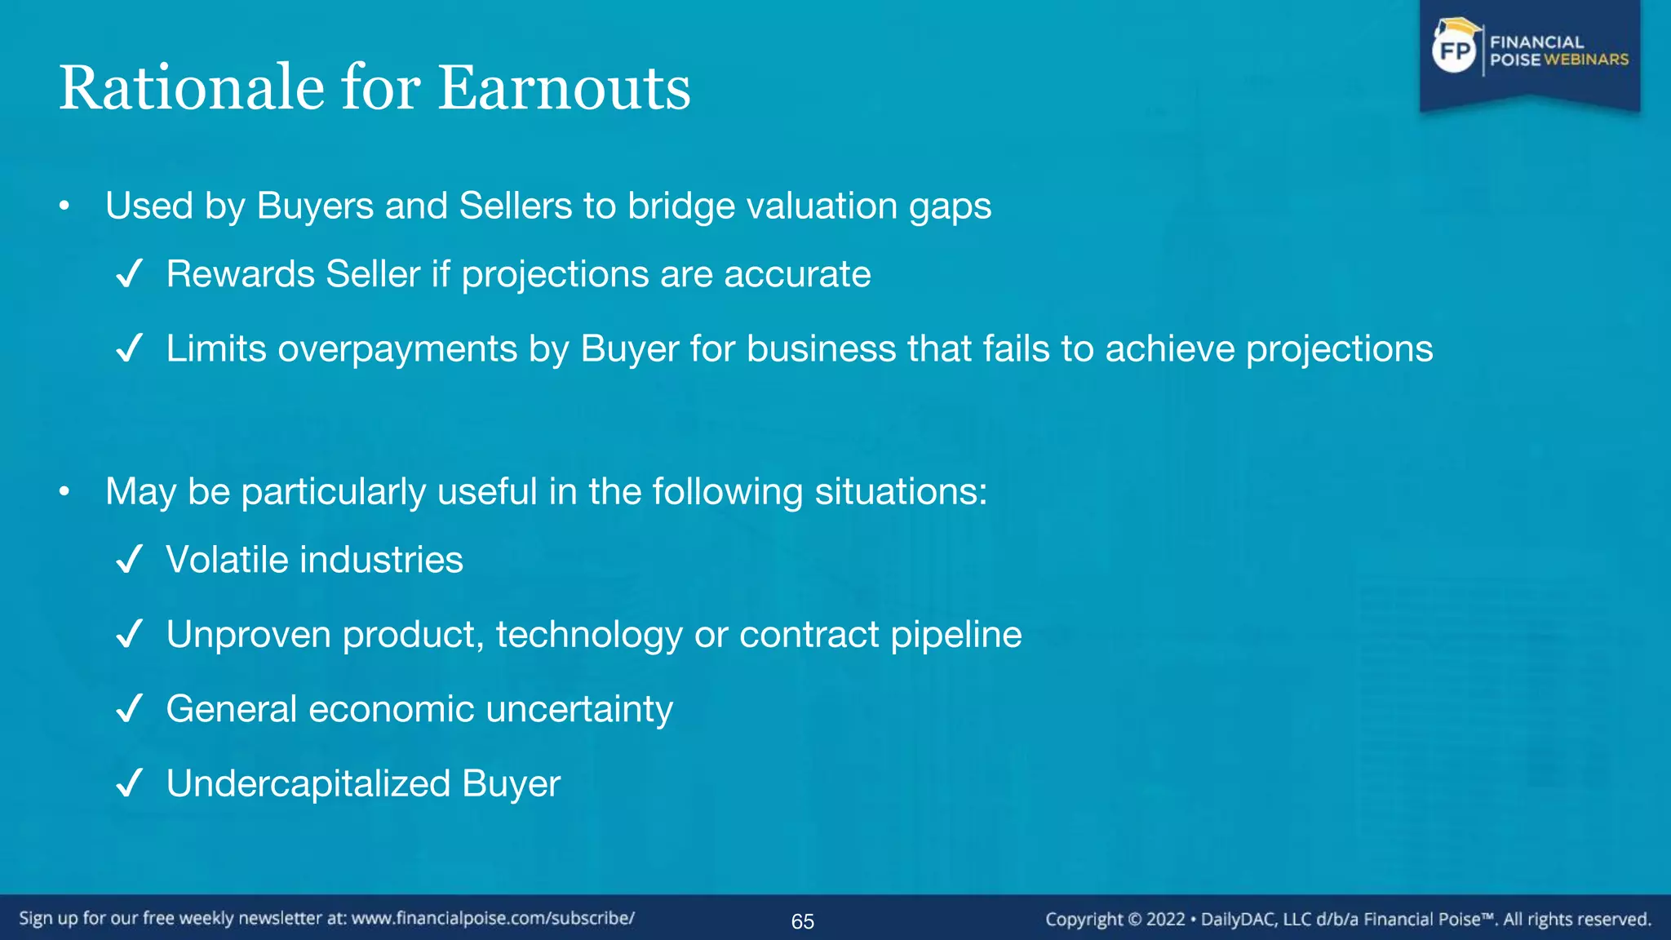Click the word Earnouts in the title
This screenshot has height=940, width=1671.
tap(564, 88)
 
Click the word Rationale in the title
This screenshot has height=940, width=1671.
tap(192, 88)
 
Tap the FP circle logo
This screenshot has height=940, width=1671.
tap(1455, 51)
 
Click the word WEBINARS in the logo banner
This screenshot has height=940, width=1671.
tap(1585, 60)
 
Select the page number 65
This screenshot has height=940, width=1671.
tap(802, 921)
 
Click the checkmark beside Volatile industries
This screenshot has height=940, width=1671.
tap(130, 560)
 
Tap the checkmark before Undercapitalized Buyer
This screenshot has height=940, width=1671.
tap(130, 783)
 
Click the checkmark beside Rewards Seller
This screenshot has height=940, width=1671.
tap(130, 274)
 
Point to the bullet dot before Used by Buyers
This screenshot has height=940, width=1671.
tap(64, 206)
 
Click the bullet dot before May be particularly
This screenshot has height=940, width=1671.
tap(64, 492)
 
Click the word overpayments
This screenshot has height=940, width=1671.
tap(397, 349)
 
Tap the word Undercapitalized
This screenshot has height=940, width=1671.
tap(308, 783)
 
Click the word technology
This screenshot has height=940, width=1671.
tap(589, 635)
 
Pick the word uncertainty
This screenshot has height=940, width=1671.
tap(579, 709)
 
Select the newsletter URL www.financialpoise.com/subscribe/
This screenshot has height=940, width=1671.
tap(493, 918)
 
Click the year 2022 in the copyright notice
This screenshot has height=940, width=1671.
tap(1165, 920)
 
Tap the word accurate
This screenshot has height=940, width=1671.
tap(797, 274)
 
